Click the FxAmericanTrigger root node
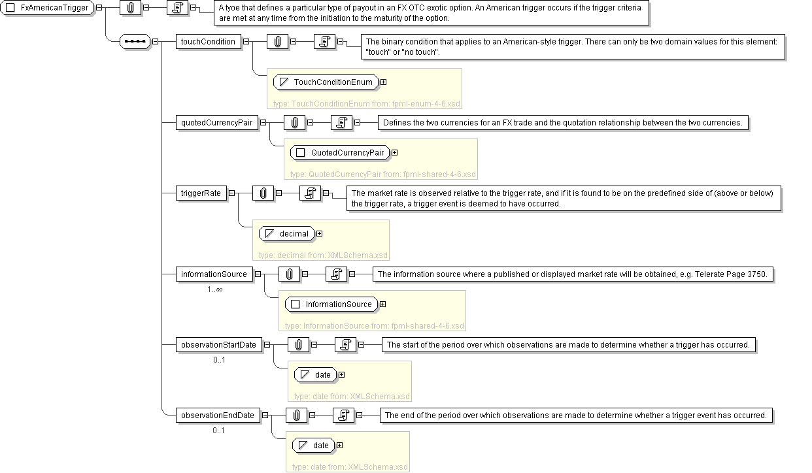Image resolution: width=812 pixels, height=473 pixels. pyautogui.click(x=48, y=8)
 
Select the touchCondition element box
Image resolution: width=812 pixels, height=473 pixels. pyautogui.click(x=209, y=42)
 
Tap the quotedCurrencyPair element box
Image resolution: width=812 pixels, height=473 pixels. pyautogui.click(x=217, y=123)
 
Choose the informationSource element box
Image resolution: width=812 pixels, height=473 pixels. pyautogui.click(x=214, y=274)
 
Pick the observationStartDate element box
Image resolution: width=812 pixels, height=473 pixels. pyautogui.click(x=218, y=345)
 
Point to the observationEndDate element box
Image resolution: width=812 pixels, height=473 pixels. pyautogui.click(x=218, y=416)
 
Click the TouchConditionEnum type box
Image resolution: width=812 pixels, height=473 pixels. pyautogui.click(x=326, y=82)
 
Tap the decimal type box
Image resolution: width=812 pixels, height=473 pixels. pyautogui.click(x=287, y=234)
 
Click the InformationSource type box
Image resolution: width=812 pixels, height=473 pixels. pyautogui.click(x=331, y=304)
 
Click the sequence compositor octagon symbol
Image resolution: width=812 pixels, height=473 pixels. pyautogui.click(x=135, y=42)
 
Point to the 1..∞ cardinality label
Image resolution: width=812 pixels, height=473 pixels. pyautogui.click(x=214, y=289)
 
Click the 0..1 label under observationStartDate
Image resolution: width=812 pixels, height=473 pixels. pyautogui.click(x=219, y=360)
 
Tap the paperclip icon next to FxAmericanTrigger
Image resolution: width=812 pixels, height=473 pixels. pyautogui.click(x=130, y=8)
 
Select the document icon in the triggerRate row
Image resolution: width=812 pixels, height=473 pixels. pyautogui.click(x=311, y=193)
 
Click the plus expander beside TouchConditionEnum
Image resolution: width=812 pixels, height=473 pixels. pyautogui.click(x=383, y=82)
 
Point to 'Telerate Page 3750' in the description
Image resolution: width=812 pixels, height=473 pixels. pyautogui.click(x=736, y=274)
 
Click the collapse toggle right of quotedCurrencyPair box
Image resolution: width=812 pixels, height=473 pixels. pyautogui.click(x=263, y=123)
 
